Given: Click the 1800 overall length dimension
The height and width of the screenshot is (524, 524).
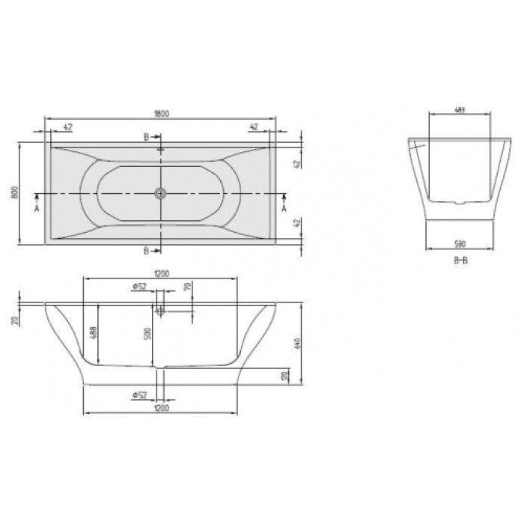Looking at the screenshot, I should point(161,113).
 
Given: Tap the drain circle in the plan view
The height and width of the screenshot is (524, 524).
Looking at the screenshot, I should point(159,193).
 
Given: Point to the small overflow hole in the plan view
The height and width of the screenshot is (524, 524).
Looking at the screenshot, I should point(159,149).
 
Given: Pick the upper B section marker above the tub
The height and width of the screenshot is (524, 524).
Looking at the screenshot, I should point(147,137).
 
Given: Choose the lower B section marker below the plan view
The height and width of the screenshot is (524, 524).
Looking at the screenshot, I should point(147,250).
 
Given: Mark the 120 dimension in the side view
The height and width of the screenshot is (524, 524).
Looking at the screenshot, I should point(283,376).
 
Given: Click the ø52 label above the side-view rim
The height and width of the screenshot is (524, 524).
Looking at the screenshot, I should point(137,287).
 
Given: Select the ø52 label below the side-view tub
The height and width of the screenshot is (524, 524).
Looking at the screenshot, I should point(137,395).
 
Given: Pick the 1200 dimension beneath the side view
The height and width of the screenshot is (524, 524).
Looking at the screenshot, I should point(159,408).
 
